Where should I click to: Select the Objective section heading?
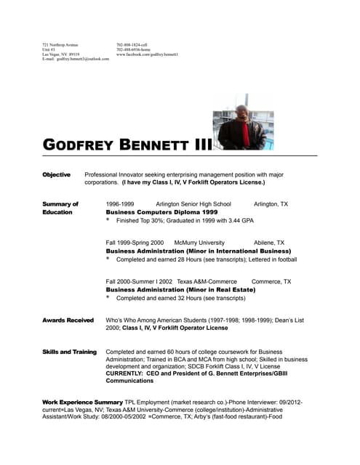pos(56,175)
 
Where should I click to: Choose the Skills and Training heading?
pos(70,352)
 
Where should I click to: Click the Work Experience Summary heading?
pos(82,402)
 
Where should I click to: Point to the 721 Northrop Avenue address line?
pos(60,44)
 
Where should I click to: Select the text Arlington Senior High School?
pos(193,204)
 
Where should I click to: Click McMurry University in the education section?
pos(200,243)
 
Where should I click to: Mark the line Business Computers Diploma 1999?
pos(161,212)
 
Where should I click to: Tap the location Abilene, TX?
pos(269,243)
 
